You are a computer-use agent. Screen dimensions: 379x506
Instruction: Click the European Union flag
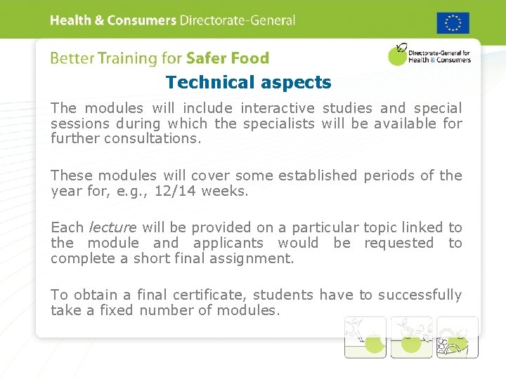click(x=453, y=22)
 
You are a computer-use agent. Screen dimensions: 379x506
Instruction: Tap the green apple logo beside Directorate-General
click(x=398, y=55)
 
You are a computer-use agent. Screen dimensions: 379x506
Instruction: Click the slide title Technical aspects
click(x=248, y=83)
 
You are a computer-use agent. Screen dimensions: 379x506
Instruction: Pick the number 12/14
click(x=175, y=191)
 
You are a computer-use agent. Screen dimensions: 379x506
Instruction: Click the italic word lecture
click(x=113, y=227)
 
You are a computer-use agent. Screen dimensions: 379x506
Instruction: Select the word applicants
click(x=228, y=243)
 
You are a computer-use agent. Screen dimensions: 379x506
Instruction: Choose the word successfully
click(x=420, y=295)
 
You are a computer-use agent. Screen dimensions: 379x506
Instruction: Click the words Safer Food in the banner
click(x=227, y=59)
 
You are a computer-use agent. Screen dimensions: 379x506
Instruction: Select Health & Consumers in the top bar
click(x=112, y=20)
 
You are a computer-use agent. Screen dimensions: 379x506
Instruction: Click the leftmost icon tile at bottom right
click(x=365, y=337)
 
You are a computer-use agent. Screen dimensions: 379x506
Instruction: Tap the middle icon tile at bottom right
click(x=411, y=337)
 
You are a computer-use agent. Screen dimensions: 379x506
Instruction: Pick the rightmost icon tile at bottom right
click(x=457, y=337)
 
